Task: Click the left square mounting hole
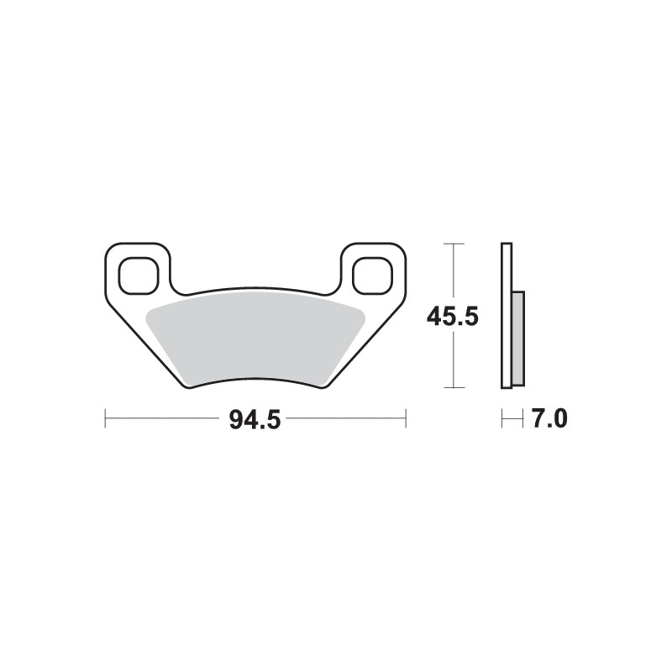click(x=137, y=275)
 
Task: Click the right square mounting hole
click(x=371, y=275)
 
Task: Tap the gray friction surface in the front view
click(x=255, y=336)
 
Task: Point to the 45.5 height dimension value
click(x=453, y=317)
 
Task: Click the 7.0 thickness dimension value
click(x=549, y=418)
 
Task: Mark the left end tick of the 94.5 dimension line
click(x=105, y=417)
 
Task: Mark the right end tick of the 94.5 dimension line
click(x=406, y=417)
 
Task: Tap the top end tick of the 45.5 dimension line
click(x=454, y=244)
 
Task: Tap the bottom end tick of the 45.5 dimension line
click(x=454, y=387)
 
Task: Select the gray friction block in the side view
click(x=517, y=338)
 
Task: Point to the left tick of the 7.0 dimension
click(x=502, y=417)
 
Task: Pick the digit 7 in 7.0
click(x=538, y=418)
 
